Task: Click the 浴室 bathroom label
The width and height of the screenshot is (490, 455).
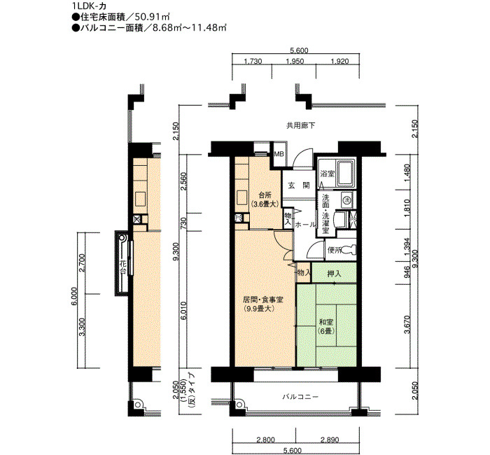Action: (327, 174)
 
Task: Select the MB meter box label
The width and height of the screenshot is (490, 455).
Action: (279, 154)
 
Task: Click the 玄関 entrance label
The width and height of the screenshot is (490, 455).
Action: (299, 185)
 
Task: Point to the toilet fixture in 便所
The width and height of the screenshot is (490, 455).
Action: (349, 249)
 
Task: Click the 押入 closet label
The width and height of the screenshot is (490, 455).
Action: (334, 274)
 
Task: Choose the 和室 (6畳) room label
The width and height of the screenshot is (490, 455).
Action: (325, 326)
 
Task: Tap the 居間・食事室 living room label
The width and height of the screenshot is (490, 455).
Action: (263, 300)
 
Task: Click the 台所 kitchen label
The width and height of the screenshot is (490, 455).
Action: (265, 195)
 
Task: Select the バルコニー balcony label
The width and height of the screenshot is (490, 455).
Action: (300, 397)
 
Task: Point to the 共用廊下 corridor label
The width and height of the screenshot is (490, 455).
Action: (301, 125)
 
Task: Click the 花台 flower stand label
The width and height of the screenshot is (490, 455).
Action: (122, 267)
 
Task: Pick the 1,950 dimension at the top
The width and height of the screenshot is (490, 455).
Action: (295, 62)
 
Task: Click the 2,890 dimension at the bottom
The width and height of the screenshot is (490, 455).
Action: (330, 440)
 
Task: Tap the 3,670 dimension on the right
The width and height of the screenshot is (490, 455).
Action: (407, 324)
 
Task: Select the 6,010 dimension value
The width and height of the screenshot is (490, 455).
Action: (183, 311)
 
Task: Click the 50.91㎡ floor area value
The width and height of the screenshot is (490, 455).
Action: (155, 17)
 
